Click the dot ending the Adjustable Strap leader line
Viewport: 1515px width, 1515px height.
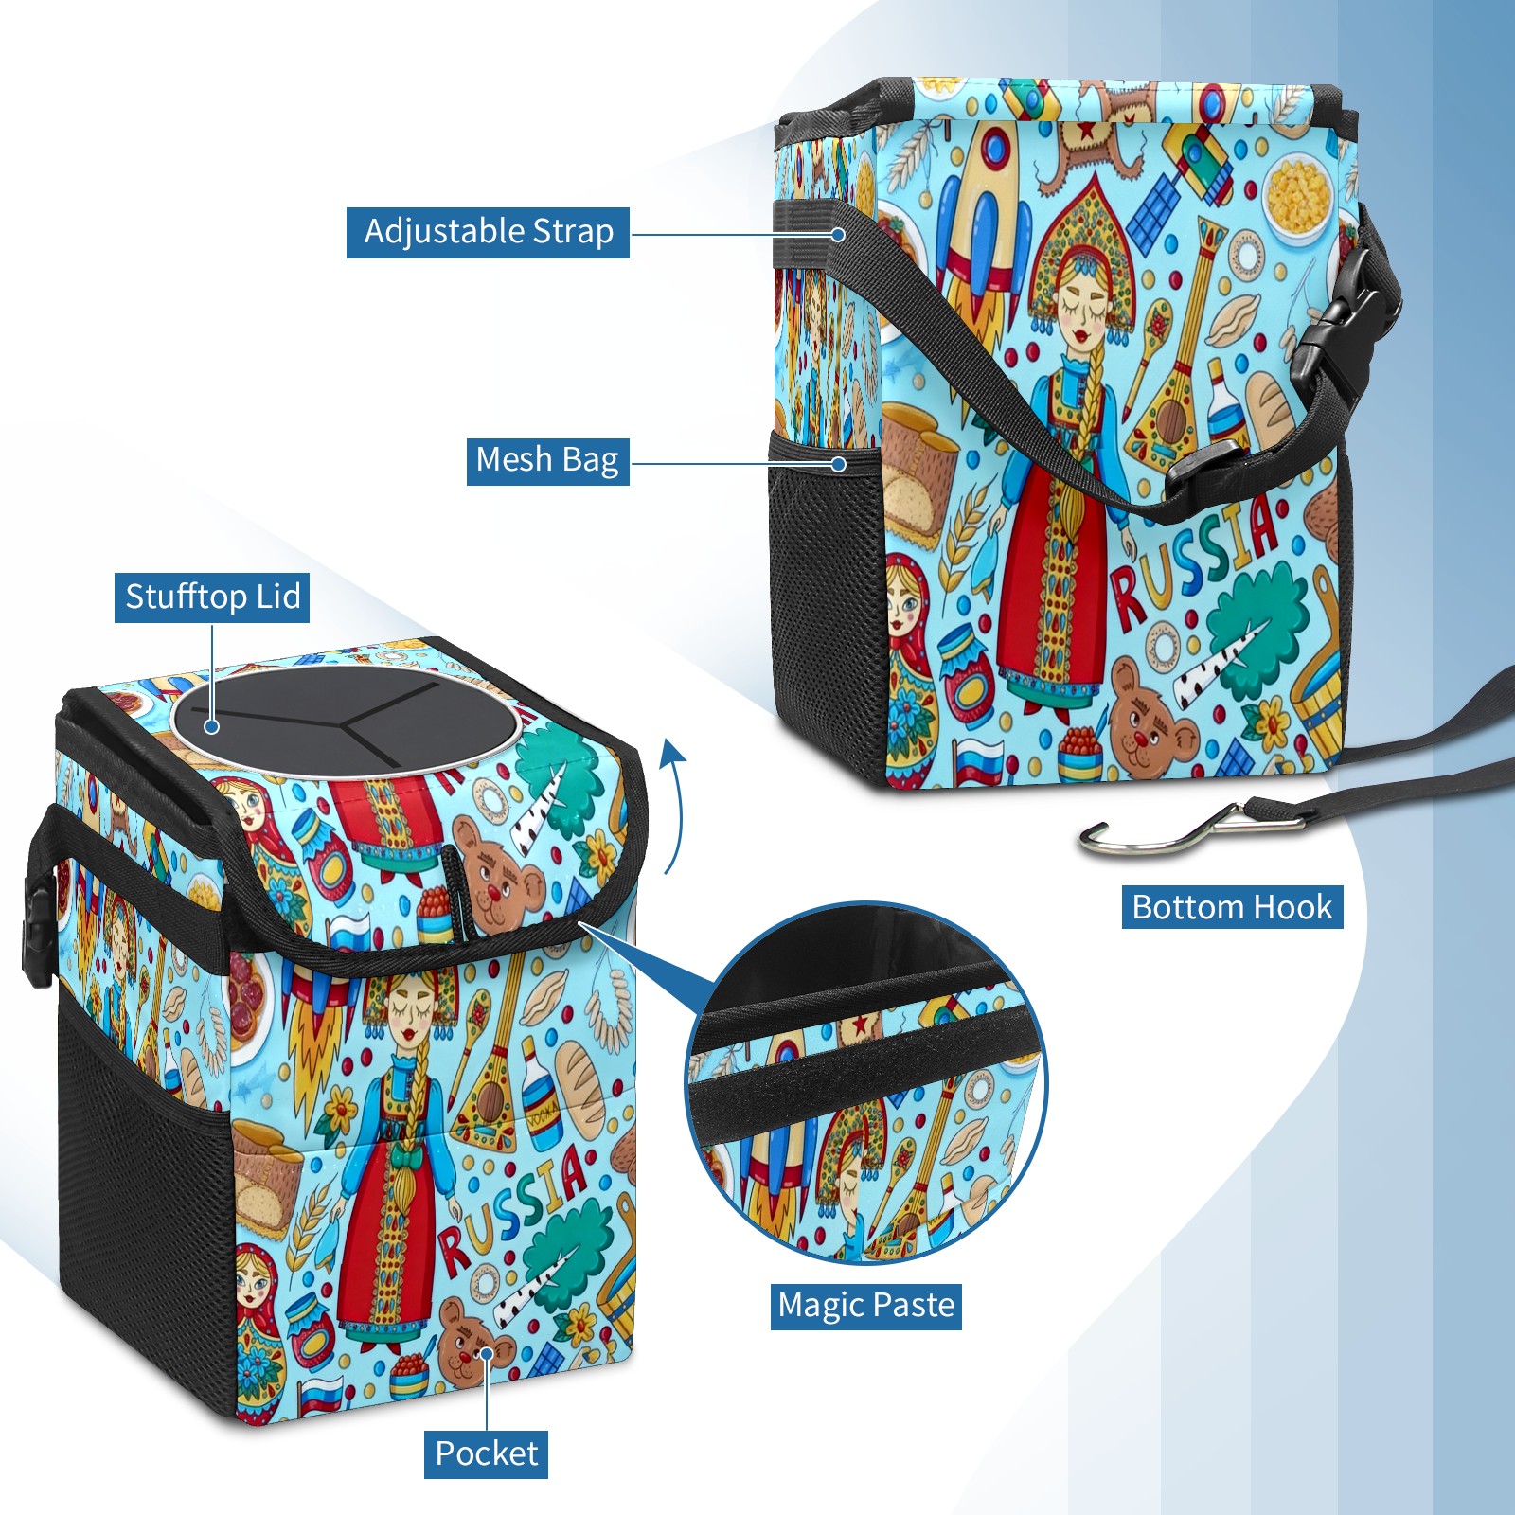tap(838, 233)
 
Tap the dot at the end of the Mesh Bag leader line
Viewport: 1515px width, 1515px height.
tap(838, 464)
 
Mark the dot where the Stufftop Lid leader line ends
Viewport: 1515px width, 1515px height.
tap(212, 726)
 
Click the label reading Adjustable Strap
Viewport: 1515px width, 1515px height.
tap(488, 232)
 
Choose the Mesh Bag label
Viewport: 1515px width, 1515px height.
tap(547, 460)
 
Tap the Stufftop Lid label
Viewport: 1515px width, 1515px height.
tap(212, 597)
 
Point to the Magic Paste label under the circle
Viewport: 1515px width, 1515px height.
tap(865, 1306)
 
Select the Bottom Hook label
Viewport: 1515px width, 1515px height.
tap(1232, 907)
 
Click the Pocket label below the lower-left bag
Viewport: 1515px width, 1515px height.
tap(486, 1453)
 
